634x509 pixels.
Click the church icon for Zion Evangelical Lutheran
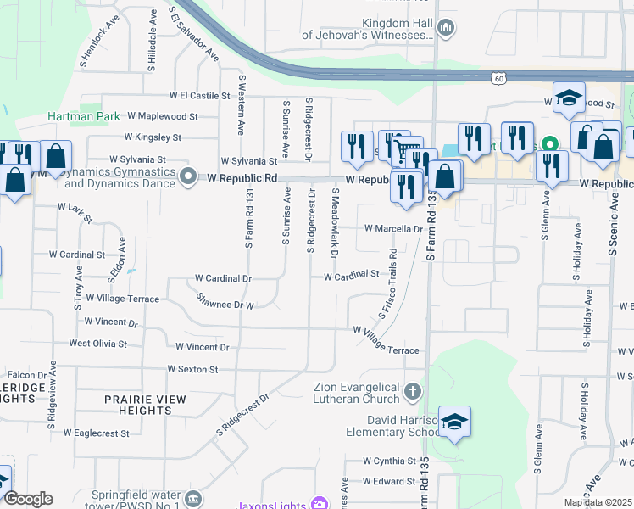tap(413, 391)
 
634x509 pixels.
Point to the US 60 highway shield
tap(499, 78)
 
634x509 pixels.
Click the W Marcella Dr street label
tap(393, 228)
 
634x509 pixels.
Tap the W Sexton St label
tap(192, 369)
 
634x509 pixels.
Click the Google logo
tap(27, 499)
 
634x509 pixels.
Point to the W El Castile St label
tap(200, 96)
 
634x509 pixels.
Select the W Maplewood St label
tap(161, 115)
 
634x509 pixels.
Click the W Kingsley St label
tap(153, 137)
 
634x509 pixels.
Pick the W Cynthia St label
tap(389, 461)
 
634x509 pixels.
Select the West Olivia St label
tap(97, 344)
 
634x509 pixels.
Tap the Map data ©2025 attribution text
tap(598, 502)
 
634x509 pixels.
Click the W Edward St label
tap(390, 481)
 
